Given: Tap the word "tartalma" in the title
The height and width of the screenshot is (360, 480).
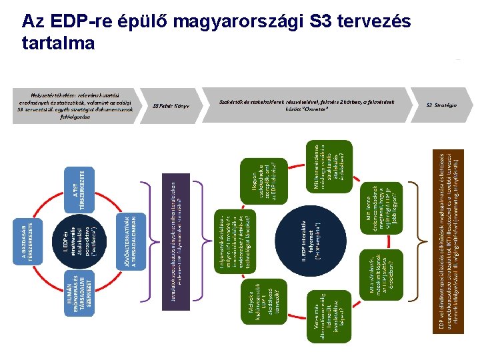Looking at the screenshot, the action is coord(59,43).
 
